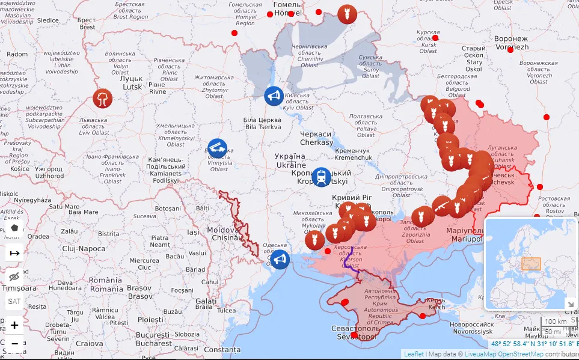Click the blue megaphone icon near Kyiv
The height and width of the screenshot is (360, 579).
pos(274,96)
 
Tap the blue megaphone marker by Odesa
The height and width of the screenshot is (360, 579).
pos(279,260)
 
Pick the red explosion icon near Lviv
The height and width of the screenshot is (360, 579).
pos(103,98)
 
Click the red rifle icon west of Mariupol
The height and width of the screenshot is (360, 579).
pos(442,206)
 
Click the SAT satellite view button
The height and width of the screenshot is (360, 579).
pos(14,301)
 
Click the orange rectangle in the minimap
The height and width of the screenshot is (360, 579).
pos(531,264)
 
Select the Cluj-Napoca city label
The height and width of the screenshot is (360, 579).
pos(84,248)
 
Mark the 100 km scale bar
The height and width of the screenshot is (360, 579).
pos(556,322)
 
